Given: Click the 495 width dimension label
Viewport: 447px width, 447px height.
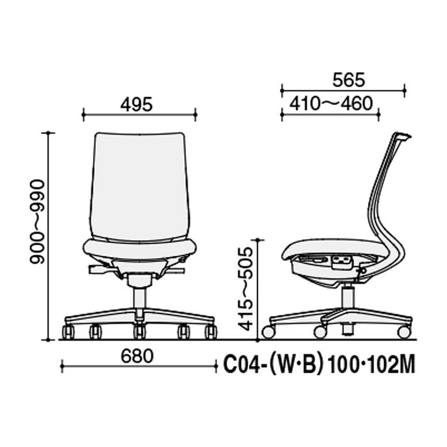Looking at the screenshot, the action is click(136, 104).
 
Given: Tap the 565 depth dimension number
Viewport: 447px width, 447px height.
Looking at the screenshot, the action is click(349, 80).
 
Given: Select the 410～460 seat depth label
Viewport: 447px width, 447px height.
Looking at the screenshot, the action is click(331, 104).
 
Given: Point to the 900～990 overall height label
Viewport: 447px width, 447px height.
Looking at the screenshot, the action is click(38, 222).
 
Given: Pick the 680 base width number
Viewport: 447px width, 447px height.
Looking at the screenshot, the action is click(137, 356).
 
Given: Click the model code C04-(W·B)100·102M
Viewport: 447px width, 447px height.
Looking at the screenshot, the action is click(319, 365).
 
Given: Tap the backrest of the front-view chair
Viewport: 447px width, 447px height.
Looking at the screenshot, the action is click(139, 187).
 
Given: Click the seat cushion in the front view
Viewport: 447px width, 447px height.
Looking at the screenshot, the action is click(139, 249).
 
